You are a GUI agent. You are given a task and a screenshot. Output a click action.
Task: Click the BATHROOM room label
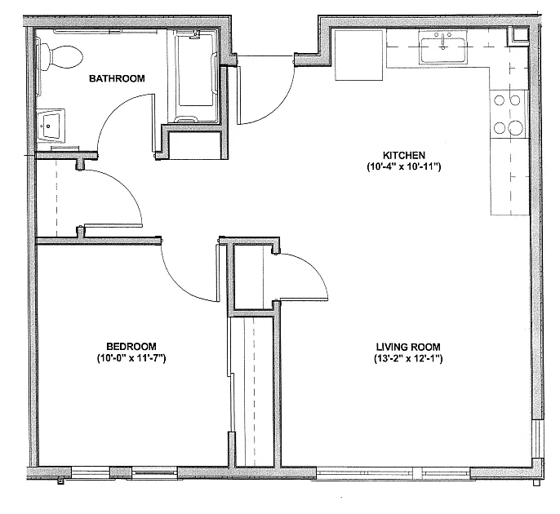tap(117, 79)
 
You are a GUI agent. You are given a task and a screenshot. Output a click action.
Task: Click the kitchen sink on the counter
tap(443, 49)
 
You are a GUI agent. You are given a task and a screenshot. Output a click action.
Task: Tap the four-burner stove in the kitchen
tap(507, 114)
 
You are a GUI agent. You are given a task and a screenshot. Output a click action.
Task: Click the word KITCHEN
tap(403, 154)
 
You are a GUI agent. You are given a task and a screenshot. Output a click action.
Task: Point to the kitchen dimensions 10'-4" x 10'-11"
tap(403, 167)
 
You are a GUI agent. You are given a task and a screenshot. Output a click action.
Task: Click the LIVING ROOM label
tap(410, 345)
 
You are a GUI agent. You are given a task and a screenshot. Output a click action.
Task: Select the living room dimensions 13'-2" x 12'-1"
tap(410, 358)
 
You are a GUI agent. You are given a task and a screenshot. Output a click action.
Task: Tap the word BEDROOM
tap(131, 345)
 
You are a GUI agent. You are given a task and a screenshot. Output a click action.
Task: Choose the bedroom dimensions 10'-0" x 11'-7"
tap(131, 358)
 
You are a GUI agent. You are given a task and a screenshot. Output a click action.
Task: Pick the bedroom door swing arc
tap(189, 269)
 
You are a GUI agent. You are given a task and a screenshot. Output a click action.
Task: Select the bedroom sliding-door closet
tap(251, 388)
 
